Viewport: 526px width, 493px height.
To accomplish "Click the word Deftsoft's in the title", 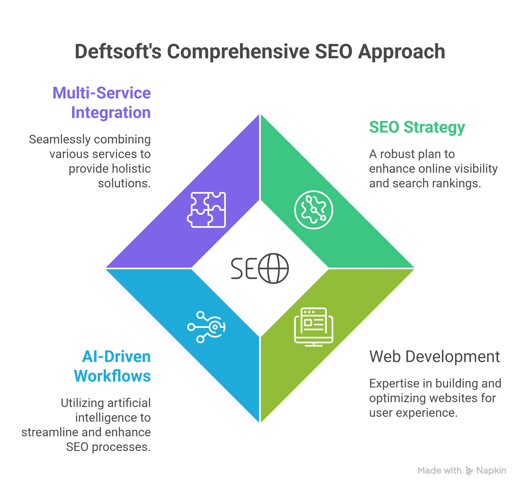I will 118,52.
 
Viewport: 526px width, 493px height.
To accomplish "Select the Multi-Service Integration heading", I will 102,103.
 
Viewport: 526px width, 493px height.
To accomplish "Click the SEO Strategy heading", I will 417,127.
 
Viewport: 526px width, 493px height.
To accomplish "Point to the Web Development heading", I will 434,356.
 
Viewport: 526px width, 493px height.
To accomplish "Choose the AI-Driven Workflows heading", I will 112,366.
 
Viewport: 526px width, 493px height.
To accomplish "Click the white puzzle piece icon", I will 206,210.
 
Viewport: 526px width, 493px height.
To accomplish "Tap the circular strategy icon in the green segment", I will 314,210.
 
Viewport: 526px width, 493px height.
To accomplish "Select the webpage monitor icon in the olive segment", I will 314,327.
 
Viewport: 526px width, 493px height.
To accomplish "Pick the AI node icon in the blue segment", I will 206,327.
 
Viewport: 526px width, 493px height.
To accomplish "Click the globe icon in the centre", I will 273,268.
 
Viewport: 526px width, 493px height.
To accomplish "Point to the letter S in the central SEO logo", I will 237,268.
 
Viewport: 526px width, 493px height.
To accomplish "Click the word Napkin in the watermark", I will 491,470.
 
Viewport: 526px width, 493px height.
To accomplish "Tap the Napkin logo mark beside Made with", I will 469,471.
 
